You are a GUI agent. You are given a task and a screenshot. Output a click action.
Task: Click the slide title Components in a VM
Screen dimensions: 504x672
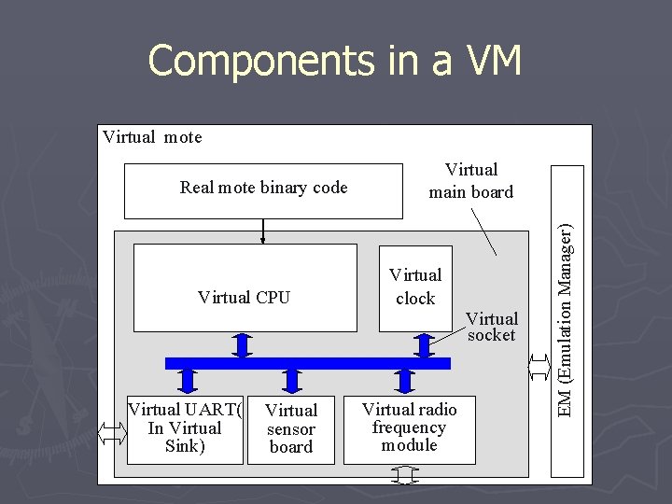334,62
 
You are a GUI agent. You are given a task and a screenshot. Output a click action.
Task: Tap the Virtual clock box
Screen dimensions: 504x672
415,287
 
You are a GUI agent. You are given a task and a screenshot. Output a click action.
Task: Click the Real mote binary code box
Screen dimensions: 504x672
263,188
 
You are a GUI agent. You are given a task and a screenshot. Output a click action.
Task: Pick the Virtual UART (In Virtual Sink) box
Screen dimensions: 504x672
185,428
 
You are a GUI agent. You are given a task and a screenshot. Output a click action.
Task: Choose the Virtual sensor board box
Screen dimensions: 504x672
291,428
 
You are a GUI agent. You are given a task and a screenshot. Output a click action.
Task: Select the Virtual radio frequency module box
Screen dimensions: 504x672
409,427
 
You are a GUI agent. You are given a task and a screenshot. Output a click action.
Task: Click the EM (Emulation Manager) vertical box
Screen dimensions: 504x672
567,321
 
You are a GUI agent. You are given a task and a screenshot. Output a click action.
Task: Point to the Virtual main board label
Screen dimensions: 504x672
470,181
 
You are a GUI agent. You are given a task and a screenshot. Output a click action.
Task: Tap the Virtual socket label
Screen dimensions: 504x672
492,327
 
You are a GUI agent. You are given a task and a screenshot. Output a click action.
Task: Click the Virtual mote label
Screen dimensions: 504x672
152,137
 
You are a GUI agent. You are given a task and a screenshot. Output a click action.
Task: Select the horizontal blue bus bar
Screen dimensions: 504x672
308,363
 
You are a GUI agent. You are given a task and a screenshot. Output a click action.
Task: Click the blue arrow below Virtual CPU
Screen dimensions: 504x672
243,344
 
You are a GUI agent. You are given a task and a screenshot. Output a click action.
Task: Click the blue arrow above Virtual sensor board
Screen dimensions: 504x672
292,380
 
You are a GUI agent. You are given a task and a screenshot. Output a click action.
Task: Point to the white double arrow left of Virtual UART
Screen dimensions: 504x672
111,432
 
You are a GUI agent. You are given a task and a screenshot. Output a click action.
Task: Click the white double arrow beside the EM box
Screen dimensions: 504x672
539,367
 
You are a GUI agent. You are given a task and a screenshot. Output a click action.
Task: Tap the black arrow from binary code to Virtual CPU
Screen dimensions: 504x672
263,231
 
